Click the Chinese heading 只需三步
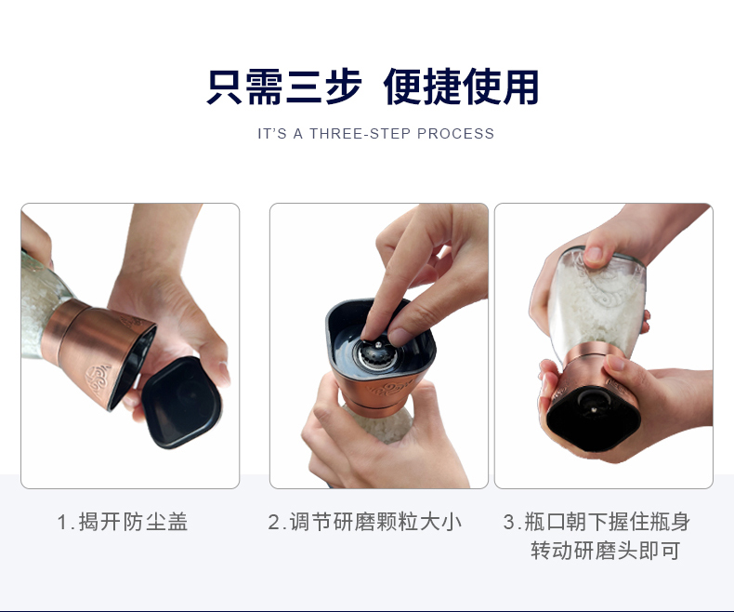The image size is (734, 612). click(284, 87)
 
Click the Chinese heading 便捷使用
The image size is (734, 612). click(462, 87)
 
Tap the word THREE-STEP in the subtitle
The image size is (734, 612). click(360, 134)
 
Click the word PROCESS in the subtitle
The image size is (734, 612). click(455, 134)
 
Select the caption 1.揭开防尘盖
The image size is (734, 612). click(123, 522)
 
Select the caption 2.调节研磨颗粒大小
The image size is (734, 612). click(365, 522)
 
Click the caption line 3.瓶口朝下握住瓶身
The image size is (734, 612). click(596, 522)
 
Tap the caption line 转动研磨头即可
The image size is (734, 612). click(605, 551)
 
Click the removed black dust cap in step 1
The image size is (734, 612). click(181, 403)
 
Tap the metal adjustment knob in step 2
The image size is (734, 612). click(378, 353)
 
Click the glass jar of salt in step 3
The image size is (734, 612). click(596, 299)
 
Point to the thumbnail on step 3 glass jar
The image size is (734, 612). click(594, 255)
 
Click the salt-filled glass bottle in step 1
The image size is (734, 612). click(43, 304)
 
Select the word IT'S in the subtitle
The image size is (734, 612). click(272, 134)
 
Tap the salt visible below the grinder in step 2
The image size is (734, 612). click(379, 424)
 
